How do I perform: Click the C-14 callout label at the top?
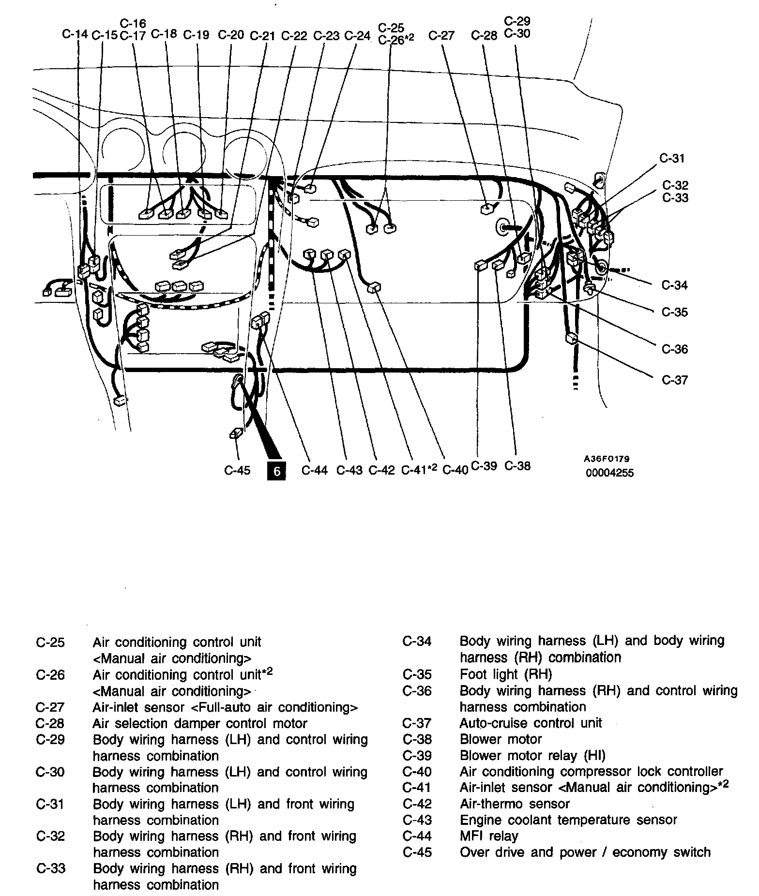click(x=75, y=34)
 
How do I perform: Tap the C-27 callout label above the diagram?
click(x=442, y=35)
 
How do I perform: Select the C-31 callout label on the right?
click(x=672, y=158)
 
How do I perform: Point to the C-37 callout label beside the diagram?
click(x=675, y=380)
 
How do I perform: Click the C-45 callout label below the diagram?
click(x=237, y=470)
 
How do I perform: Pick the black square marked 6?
click(x=276, y=471)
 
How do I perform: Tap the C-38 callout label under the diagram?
click(x=517, y=466)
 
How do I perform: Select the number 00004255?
click(x=609, y=473)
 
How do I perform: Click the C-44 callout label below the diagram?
click(x=315, y=470)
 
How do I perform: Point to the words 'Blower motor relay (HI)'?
click(x=532, y=755)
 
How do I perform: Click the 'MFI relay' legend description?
click(x=488, y=836)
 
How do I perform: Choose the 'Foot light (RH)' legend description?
click(x=505, y=674)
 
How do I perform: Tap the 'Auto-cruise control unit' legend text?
click(x=531, y=723)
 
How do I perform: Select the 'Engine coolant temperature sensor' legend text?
click(x=568, y=820)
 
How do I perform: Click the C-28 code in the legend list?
click(x=50, y=723)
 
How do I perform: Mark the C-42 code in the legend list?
click(x=417, y=804)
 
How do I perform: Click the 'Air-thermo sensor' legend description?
click(x=515, y=804)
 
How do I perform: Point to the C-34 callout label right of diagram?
click(x=675, y=285)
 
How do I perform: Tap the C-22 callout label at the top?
click(x=294, y=36)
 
